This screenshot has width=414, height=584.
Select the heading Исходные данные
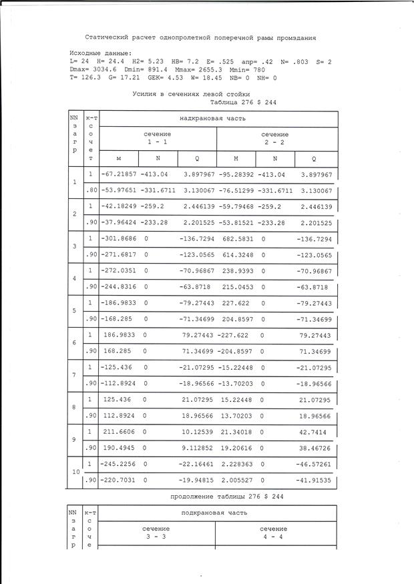(101, 53)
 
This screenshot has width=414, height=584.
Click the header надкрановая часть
(218, 118)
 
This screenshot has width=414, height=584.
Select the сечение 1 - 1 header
(158, 138)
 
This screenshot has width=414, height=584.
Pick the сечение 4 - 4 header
(274, 532)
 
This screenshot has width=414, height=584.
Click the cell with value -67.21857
(118, 174)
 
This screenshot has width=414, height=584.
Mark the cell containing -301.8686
(118, 239)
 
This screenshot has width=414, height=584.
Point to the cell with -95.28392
(238, 174)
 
